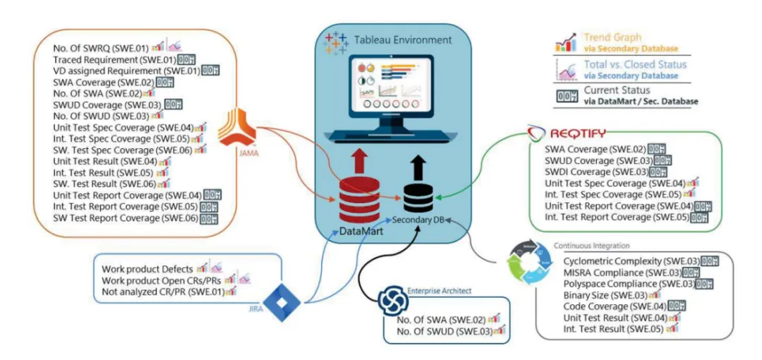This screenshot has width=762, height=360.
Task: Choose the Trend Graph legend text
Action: click(612, 37)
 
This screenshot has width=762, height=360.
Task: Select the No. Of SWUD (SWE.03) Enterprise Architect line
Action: click(440, 330)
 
